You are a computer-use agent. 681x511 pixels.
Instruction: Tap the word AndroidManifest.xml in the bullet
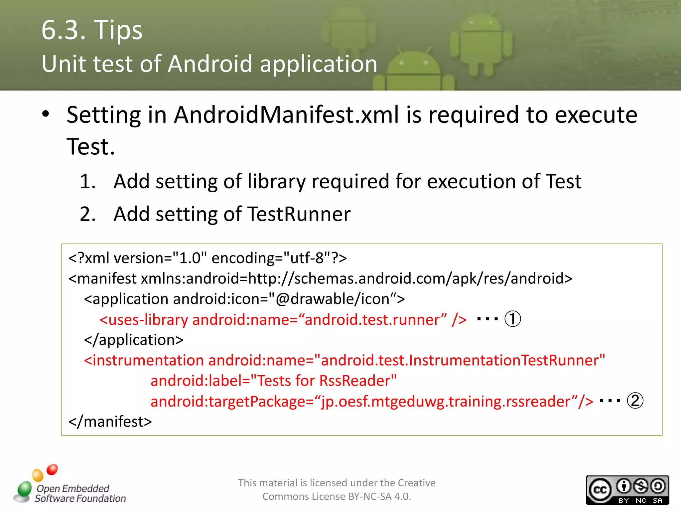(x=287, y=115)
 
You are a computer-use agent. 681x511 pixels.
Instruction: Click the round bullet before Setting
(x=46, y=114)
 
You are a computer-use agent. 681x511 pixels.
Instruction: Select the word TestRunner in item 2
(x=299, y=214)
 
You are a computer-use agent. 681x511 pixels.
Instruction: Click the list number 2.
(x=87, y=214)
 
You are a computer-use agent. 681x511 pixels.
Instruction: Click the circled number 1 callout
(x=512, y=319)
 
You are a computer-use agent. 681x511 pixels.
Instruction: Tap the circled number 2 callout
(x=635, y=401)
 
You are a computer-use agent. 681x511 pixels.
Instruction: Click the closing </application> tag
(x=134, y=340)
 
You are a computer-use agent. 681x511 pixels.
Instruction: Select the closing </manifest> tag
(x=110, y=422)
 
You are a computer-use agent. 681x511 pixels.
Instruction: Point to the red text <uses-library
(x=144, y=320)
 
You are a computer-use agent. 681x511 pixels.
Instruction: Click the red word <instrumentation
(x=144, y=360)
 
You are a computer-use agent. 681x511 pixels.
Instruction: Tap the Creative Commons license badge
(x=627, y=490)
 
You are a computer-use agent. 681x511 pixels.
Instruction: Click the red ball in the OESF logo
(x=52, y=469)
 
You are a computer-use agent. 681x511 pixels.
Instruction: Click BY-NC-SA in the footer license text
(x=370, y=496)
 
